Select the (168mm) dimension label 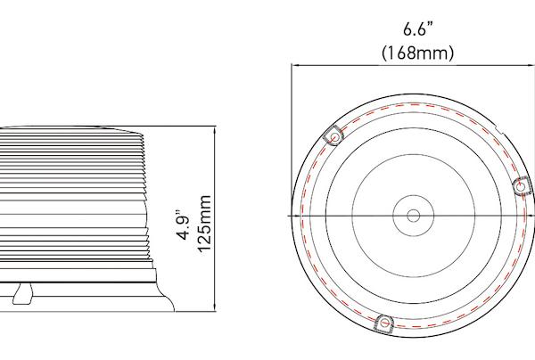click(x=417, y=53)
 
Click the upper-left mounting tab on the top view click(x=334, y=136)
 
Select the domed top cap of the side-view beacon click(x=71, y=127)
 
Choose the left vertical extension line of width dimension click(x=292, y=134)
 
